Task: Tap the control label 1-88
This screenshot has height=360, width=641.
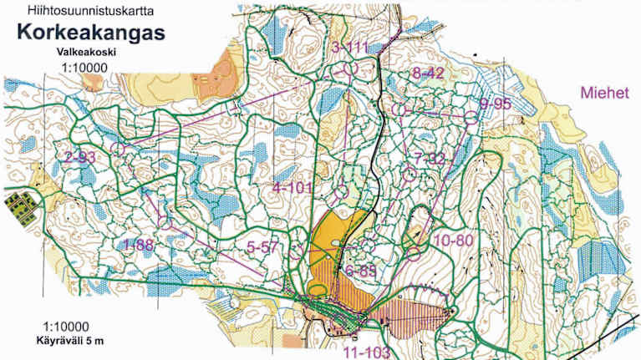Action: coord(139,244)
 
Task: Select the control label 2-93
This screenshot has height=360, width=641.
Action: coord(79,155)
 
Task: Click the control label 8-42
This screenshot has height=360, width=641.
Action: coord(428,74)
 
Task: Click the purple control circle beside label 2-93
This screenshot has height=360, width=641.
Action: coord(117,149)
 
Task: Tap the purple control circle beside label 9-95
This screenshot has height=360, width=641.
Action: coord(471,117)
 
